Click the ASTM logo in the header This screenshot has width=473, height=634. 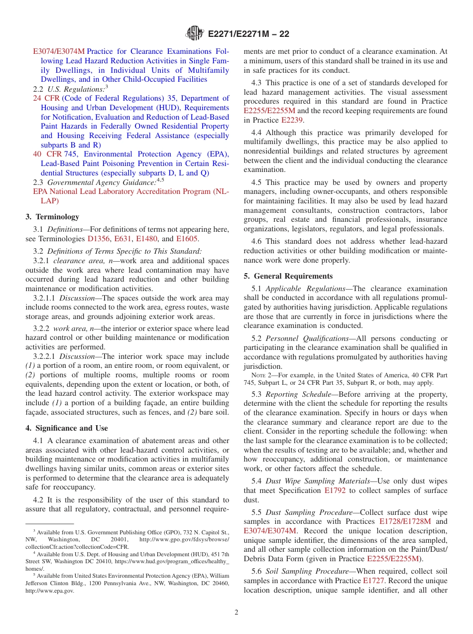(x=195, y=33)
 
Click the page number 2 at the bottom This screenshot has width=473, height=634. (x=236, y=612)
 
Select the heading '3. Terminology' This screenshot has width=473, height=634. (x=52, y=217)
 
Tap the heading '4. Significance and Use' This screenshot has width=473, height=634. (x=67, y=428)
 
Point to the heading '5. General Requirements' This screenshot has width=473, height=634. (x=288, y=276)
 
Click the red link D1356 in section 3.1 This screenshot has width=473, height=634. (x=99, y=239)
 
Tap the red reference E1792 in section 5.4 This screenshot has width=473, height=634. (x=335, y=490)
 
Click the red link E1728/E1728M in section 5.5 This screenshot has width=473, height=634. (x=405, y=521)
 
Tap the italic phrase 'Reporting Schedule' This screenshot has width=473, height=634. (x=298, y=394)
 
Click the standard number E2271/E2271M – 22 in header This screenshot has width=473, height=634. (x=248, y=34)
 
